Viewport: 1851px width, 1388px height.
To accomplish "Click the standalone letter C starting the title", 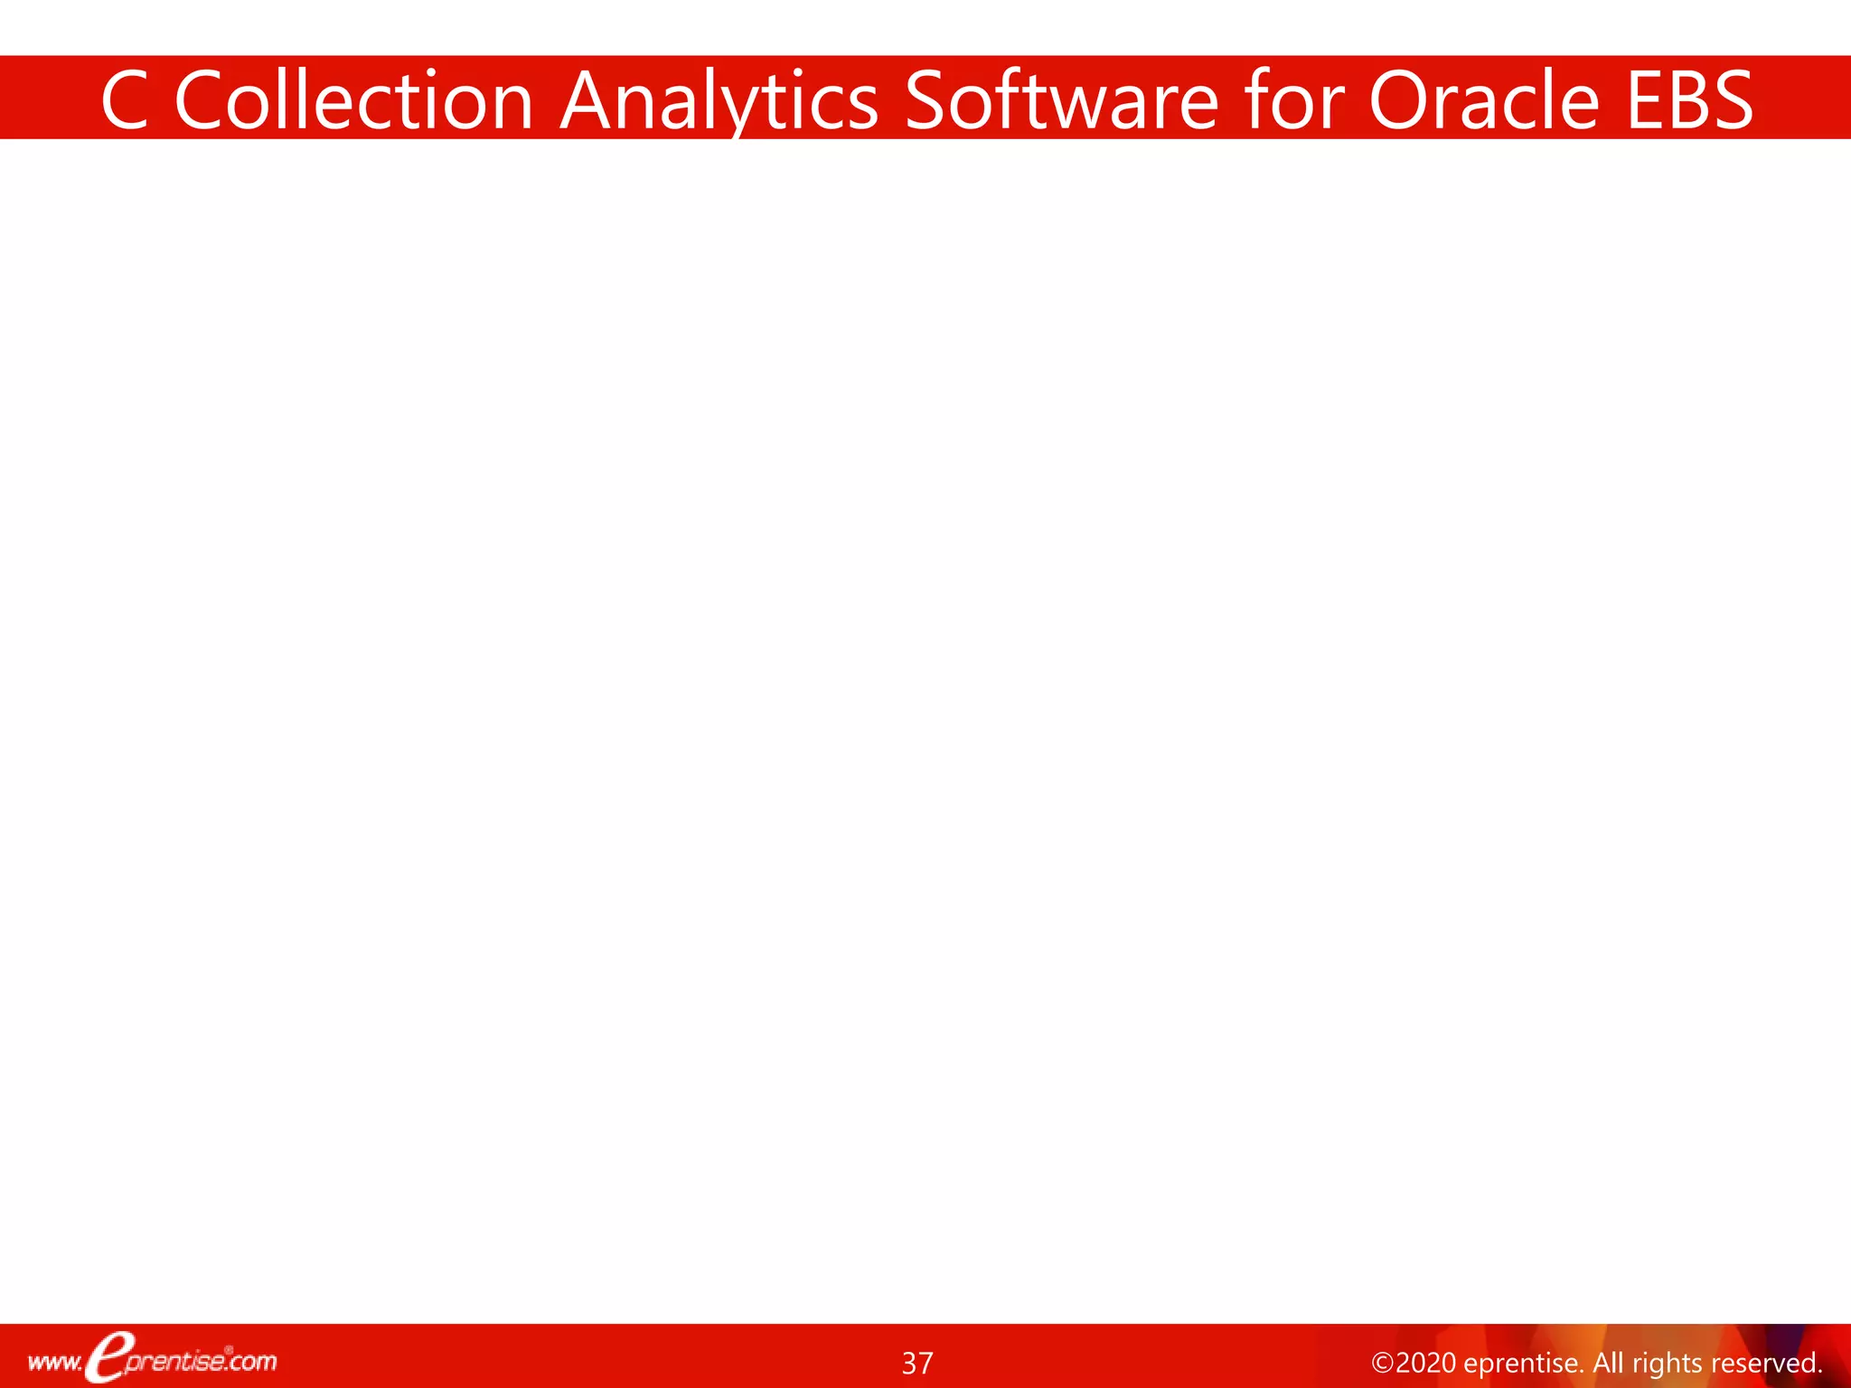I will coord(125,100).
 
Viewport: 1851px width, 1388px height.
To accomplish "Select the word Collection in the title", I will coord(353,100).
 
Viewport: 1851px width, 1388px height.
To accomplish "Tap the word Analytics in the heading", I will coord(719,100).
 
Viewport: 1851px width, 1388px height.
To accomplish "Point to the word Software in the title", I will coord(1061,100).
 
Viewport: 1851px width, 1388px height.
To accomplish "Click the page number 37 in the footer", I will coord(917,1363).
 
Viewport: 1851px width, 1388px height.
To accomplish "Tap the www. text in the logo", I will coord(54,1362).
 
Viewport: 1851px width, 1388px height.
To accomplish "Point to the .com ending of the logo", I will coord(253,1361).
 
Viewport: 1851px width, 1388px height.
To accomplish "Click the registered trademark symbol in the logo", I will coord(229,1350).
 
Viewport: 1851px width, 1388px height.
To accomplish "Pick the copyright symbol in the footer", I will coord(1382,1363).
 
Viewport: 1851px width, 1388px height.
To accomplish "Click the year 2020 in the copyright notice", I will coord(1425,1363).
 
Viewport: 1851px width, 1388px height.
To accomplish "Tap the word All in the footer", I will coord(1608,1363).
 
